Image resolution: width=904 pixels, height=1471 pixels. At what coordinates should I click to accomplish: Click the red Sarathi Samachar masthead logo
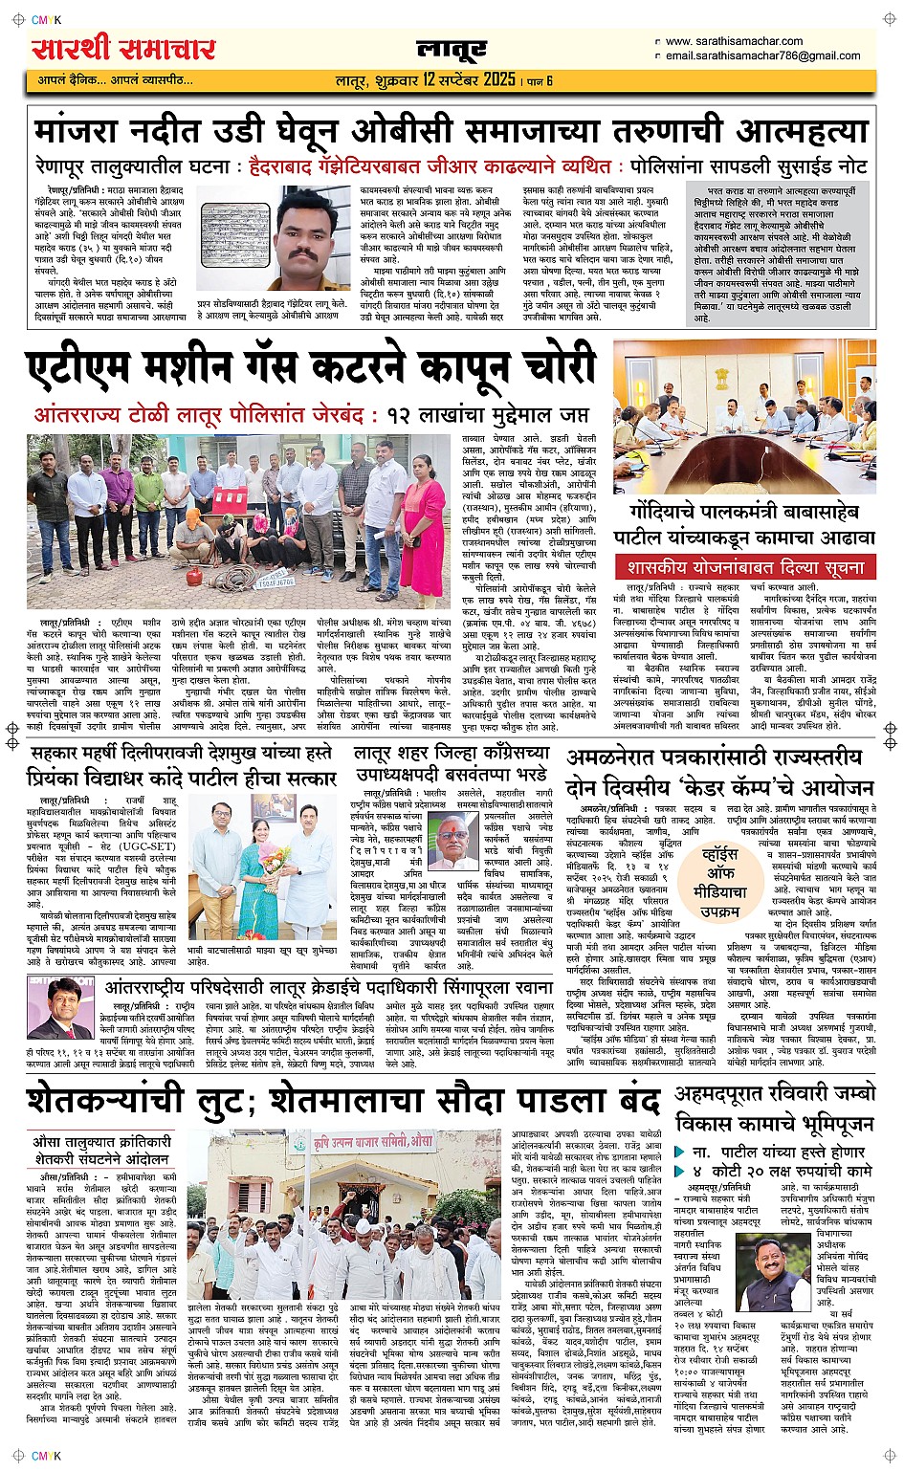click(x=123, y=47)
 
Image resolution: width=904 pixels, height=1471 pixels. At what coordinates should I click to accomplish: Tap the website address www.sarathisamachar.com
click(x=734, y=41)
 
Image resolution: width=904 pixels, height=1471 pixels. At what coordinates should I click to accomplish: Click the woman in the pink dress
click(x=423, y=522)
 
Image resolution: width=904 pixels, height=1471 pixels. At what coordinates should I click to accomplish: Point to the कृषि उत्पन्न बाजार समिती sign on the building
click(x=368, y=1144)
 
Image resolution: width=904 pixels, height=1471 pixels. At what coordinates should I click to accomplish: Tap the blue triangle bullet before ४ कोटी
click(x=680, y=1171)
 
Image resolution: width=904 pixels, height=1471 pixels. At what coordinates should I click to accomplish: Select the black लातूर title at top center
click(x=452, y=50)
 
